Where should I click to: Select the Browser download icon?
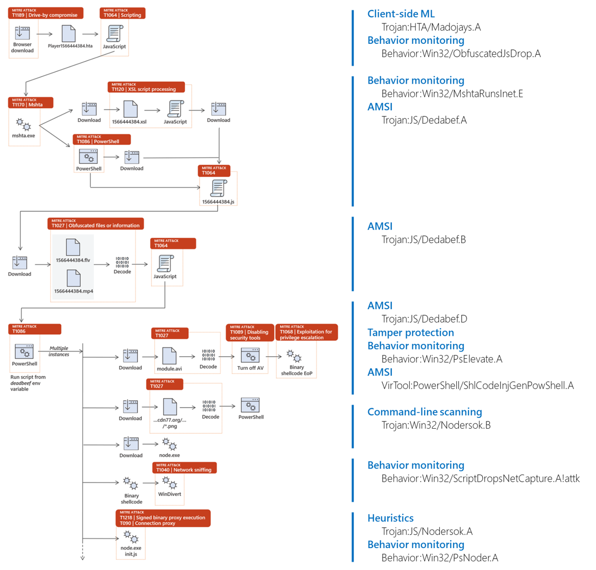[x=22, y=33]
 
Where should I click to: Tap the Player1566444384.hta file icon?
[x=69, y=34]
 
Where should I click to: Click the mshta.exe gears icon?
[x=23, y=125]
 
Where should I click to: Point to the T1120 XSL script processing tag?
[x=146, y=87]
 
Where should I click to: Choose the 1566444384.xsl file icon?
[x=131, y=109]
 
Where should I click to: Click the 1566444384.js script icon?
[x=218, y=188]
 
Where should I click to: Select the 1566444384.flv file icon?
[x=73, y=247]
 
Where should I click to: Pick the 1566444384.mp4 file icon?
[x=73, y=279]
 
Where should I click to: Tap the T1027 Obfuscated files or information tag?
[x=95, y=224]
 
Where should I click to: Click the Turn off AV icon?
[x=251, y=355]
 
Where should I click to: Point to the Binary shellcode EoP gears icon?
[x=294, y=356]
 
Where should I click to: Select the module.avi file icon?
[x=169, y=356]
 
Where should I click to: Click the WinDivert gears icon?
[x=169, y=483]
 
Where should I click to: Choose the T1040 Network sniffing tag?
[x=185, y=467]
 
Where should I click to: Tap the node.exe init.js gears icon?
[x=131, y=537]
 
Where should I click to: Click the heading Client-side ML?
[x=401, y=14]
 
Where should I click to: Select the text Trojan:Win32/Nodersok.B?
[x=436, y=425]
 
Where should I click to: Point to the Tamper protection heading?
[x=410, y=332]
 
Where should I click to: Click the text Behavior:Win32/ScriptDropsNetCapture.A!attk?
[x=480, y=478]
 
